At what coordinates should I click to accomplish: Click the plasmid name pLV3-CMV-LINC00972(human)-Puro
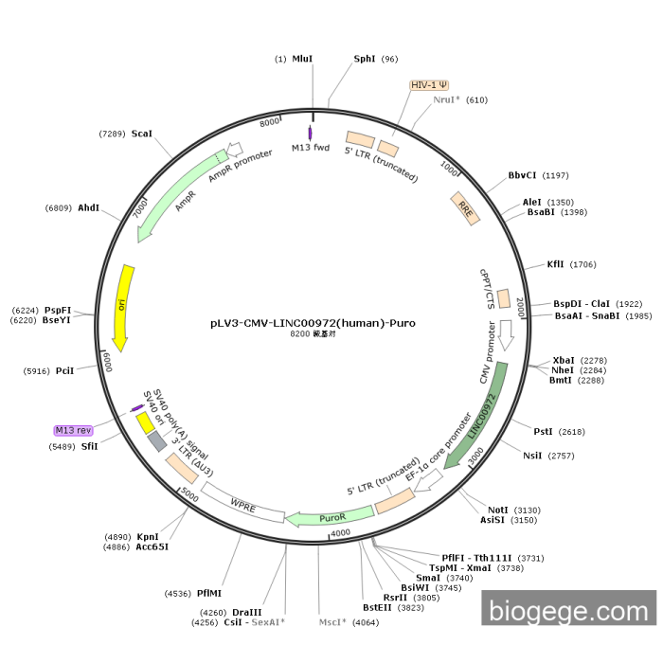coord(313,322)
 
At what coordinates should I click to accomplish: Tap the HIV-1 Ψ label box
coord(429,85)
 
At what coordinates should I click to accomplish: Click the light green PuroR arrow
coord(329,517)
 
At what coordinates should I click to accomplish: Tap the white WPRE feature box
coord(243,502)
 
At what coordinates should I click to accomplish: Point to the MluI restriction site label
coord(302,59)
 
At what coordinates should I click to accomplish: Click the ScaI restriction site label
coord(142,134)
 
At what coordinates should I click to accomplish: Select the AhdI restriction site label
coord(89,207)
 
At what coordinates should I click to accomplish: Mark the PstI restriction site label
coord(543,431)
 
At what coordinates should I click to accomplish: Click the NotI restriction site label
coord(497,510)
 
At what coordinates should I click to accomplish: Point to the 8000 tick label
coord(270,121)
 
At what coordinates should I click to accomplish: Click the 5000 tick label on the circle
coord(188,494)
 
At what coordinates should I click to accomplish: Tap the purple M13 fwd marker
coord(310,134)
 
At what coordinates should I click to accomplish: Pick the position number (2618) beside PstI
coord(572,431)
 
